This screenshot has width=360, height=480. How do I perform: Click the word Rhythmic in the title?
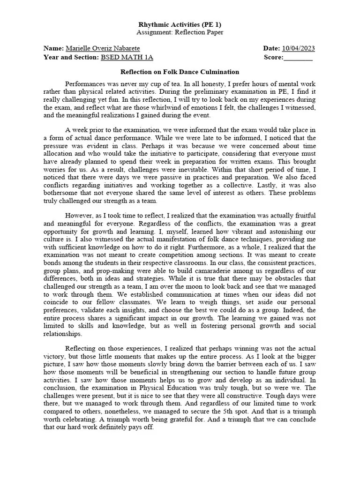point(152,24)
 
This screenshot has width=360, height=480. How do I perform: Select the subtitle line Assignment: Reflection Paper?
point(180,32)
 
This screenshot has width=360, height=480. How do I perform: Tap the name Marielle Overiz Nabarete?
point(103,48)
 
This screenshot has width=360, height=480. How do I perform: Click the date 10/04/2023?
point(298,48)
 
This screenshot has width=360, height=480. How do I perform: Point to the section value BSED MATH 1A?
point(127,57)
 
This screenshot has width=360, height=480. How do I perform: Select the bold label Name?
point(53,48)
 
